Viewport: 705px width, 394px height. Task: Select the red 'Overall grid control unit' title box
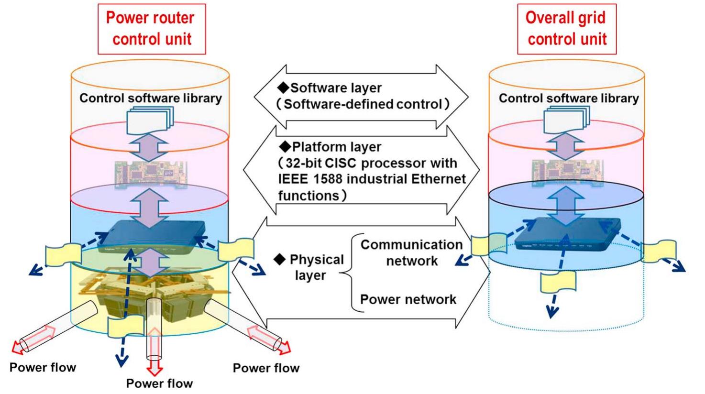566,28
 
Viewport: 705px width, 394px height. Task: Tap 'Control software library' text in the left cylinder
150,98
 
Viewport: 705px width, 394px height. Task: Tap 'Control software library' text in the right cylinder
568,98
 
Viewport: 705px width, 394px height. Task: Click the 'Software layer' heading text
336,88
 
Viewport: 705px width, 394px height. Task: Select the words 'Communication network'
411,252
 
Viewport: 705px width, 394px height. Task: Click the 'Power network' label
408,299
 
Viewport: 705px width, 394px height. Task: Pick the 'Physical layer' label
316,267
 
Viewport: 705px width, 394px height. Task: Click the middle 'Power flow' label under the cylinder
159,383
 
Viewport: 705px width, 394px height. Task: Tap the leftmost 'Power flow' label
43,367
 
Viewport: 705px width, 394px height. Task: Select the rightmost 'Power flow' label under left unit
266,368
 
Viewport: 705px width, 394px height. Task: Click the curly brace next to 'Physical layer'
349,273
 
